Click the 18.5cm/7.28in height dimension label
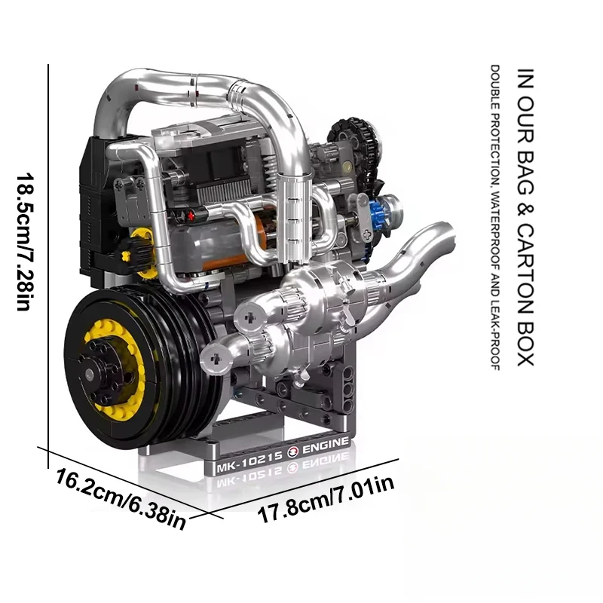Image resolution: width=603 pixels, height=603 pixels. click(x=25, y=241)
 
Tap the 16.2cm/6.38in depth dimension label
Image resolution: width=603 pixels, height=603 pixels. click(x=121, y=499)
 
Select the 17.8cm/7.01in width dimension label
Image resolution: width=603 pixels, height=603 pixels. click(x=326, y=499)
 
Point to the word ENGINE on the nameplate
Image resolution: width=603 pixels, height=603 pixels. click(x=326, y=445)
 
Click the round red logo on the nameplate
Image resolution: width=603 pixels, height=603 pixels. click(x=292, y=453)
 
